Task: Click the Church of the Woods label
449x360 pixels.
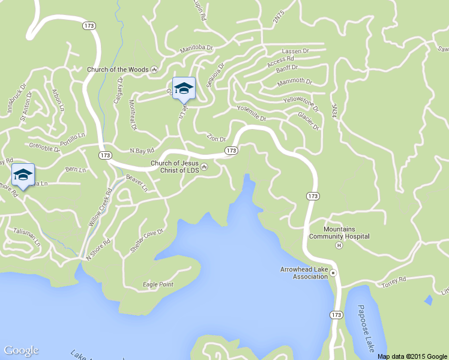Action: (118, 70)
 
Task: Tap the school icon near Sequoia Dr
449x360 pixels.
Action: (184, 88)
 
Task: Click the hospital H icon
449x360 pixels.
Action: (339, 245)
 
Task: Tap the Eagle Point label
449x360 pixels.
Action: (158, 284)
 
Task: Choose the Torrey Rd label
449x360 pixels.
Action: (394, 280)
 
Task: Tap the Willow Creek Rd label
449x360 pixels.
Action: (101, 208)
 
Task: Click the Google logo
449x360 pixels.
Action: (21, 350)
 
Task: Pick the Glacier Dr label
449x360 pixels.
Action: (309, 121)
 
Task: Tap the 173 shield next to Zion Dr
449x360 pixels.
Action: (231, 151)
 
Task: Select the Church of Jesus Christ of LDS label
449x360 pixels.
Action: (175, 166)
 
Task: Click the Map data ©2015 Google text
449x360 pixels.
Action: (412, 356)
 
